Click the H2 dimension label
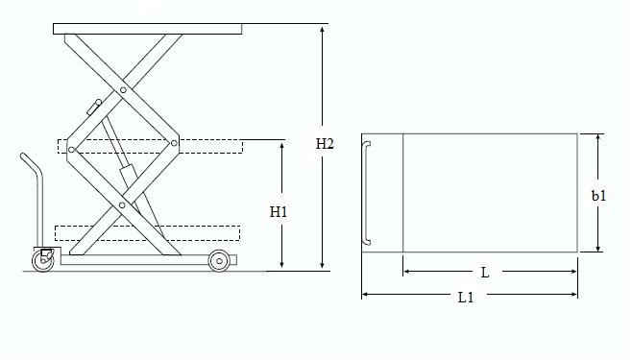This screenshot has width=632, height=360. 325,144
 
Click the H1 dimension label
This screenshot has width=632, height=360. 279,212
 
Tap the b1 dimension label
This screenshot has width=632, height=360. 598,196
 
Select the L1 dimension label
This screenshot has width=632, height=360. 466,298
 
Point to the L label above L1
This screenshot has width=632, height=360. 485,273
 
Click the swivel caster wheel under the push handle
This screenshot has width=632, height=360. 42,260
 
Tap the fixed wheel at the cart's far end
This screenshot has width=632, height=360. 219,261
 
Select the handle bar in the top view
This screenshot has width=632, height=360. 365,193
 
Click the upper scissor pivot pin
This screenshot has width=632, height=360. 123,90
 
